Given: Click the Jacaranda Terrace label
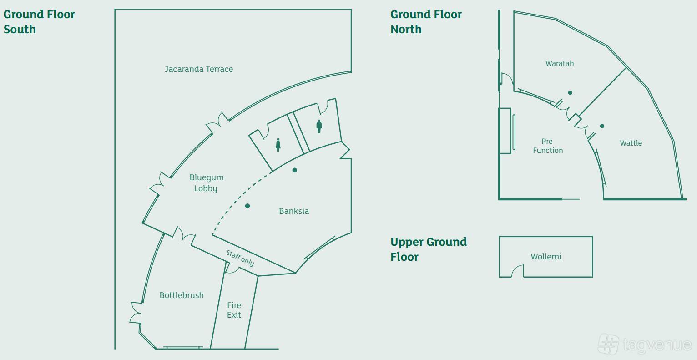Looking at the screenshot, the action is [199, 69].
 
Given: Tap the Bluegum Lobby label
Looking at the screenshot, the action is [206, 183].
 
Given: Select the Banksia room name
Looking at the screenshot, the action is [294, 211].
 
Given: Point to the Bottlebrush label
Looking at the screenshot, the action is [182, 295].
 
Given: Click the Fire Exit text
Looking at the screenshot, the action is [234, 310].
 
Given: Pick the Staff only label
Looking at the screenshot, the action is [240, 258].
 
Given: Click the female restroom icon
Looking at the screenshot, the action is [278, 145].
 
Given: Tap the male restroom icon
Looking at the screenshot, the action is [319, 127].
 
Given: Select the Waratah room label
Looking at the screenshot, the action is [560, 63].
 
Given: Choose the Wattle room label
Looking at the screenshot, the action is [631, 143].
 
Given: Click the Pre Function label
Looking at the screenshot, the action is [548, 146].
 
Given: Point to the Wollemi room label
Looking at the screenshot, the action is [546, 257].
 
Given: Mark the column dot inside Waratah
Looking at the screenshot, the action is [570, 93].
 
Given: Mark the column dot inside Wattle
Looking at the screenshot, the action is [602, 126].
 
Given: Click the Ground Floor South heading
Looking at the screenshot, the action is [39, 22].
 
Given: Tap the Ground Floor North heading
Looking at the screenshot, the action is [426, 22].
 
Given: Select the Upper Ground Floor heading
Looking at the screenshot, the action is [429, 249].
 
